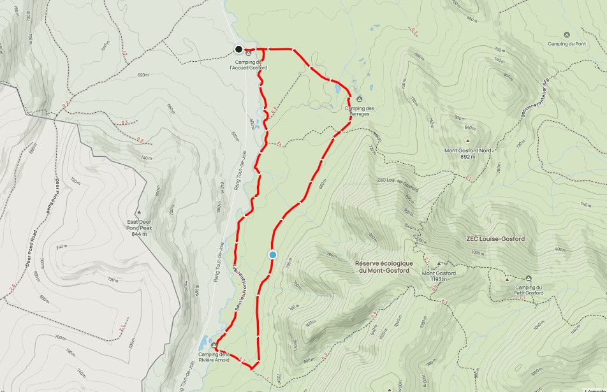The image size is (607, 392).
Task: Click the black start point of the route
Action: pyautogui.click(x=238, y=49)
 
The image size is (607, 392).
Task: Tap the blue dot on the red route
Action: pyautogui.click(x=273, y=255)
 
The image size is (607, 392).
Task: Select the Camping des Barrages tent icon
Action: pyautogui.click(x=359, y=99)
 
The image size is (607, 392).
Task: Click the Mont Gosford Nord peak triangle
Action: pyautogui.click(x=468, y=141)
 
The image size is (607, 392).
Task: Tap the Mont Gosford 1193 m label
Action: pyautogui.click(x=439, y=277)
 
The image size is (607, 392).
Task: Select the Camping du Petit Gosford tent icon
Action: pyautogui.click(x=528, y=279)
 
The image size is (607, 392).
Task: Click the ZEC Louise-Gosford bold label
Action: pyautogui.click(x=495, y=239)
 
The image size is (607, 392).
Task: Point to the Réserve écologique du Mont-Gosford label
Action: pyautogui.click(x=384, y=267)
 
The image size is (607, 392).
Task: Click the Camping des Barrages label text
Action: pyautogui.click(x=360, y=111)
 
